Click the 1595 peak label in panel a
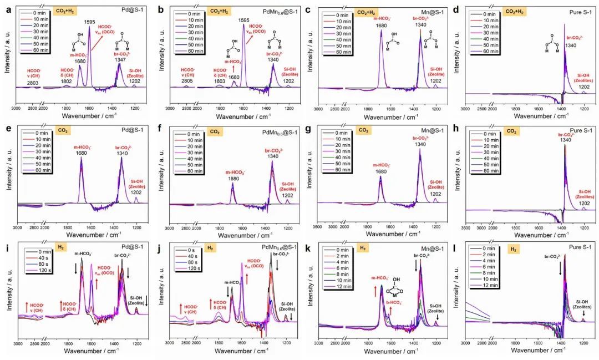point(89,22)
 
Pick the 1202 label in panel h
point(584,204)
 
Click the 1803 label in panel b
point(220,82)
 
